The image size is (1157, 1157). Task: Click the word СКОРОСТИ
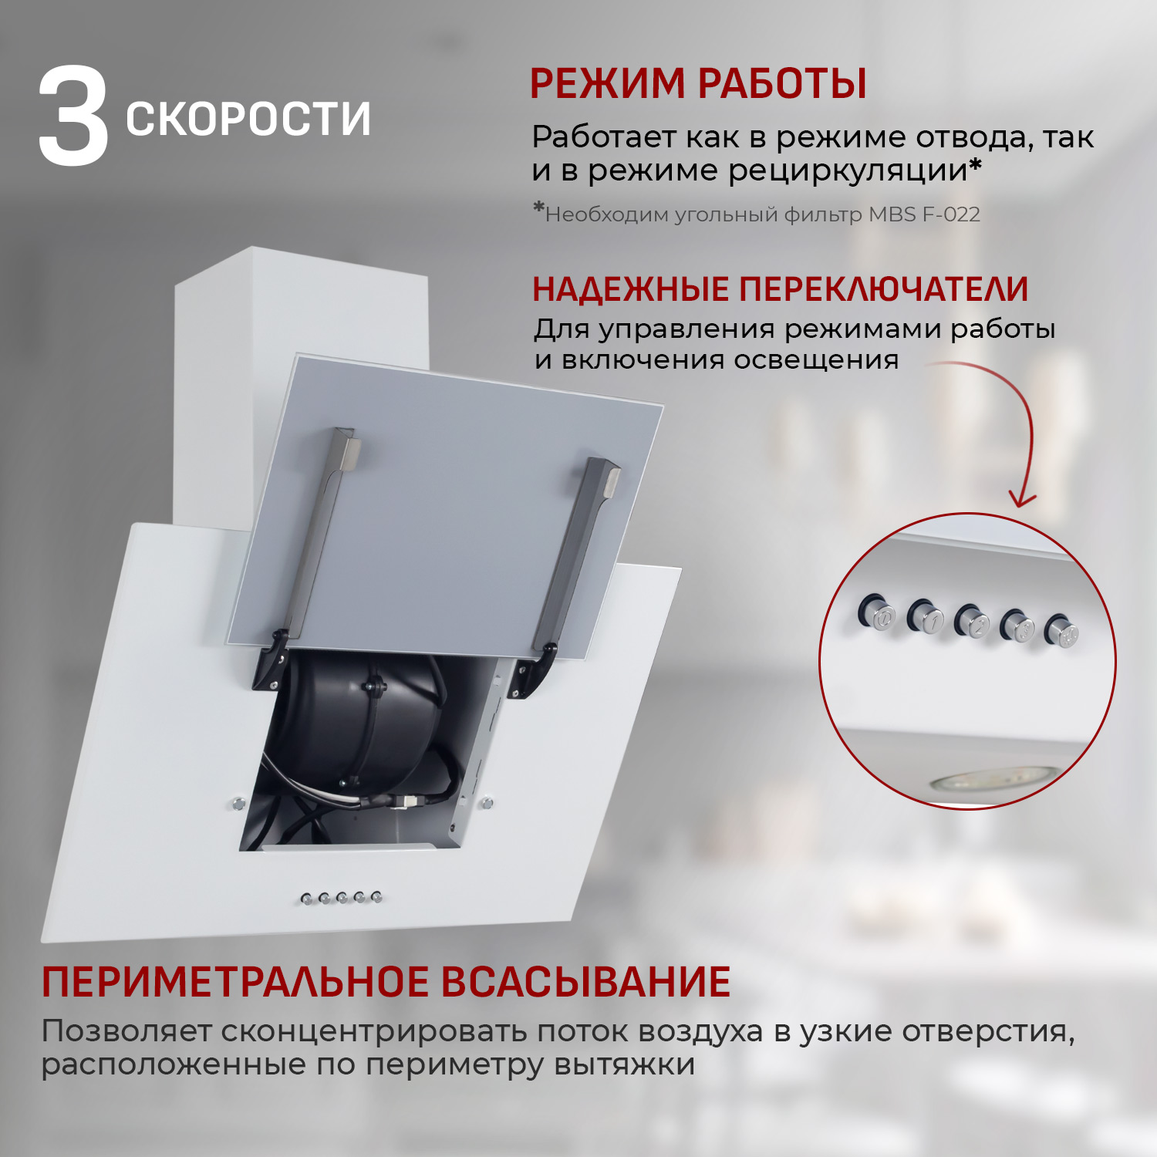coord(248,119)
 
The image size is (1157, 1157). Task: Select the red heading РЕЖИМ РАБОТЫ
coord(698,83)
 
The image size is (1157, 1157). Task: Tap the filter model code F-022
coord(951,214)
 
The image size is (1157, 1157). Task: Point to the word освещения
coord(816,360)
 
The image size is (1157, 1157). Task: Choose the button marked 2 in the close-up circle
coord(972,622)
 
